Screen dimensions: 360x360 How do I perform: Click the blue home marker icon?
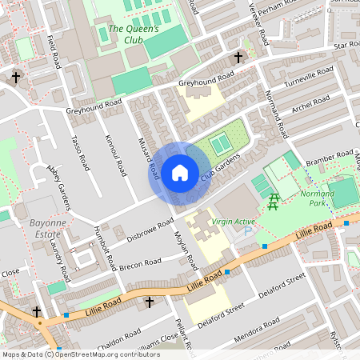coord(180,173)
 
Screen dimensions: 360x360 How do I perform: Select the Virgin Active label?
coord(233,222)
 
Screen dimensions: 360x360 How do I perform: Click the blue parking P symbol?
coord(247,230)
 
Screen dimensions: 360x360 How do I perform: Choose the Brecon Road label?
coord(142,265)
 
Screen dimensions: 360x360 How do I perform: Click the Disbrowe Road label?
coord(150,230)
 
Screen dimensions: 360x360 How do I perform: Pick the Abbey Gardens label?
coord(58,190)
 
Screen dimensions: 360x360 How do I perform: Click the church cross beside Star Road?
coord(238,58)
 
